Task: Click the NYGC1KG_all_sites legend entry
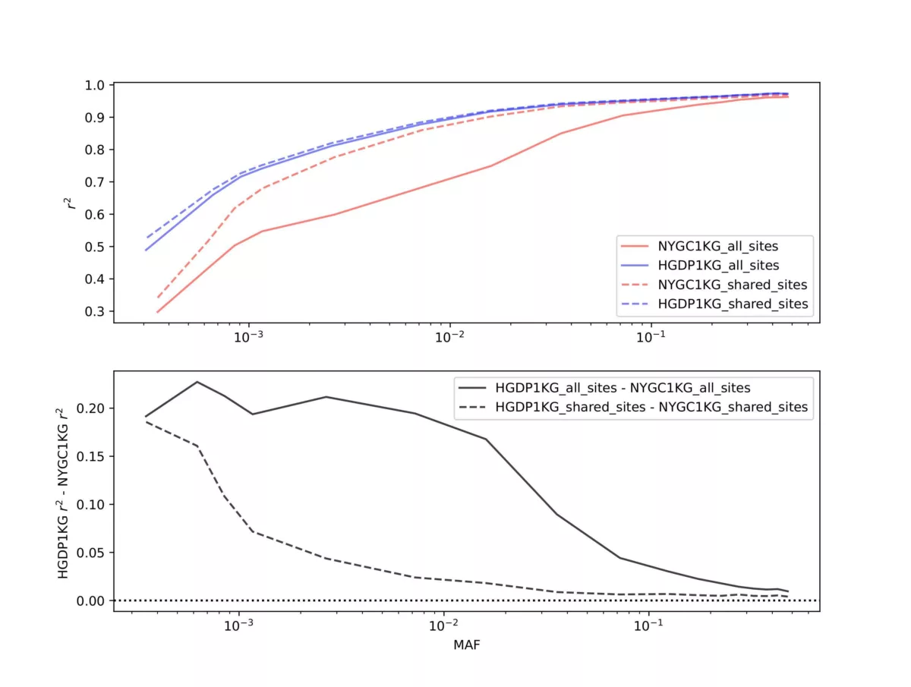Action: coord(714,247)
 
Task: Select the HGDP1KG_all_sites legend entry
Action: coord(714,266)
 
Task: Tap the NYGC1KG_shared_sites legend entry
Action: coord(714,285)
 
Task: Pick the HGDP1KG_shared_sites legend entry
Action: coord(714,304)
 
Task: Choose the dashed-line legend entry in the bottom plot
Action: coord(634,408)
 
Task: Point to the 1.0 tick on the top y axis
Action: coord(96,85)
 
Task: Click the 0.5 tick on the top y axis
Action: coord(96,247)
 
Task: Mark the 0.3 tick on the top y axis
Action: coord(96,311)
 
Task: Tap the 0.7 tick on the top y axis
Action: coord(96,182)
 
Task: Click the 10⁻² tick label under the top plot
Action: coord(449,336)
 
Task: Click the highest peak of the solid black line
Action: coord(197,382)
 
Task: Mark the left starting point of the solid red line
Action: coord(157,312)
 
